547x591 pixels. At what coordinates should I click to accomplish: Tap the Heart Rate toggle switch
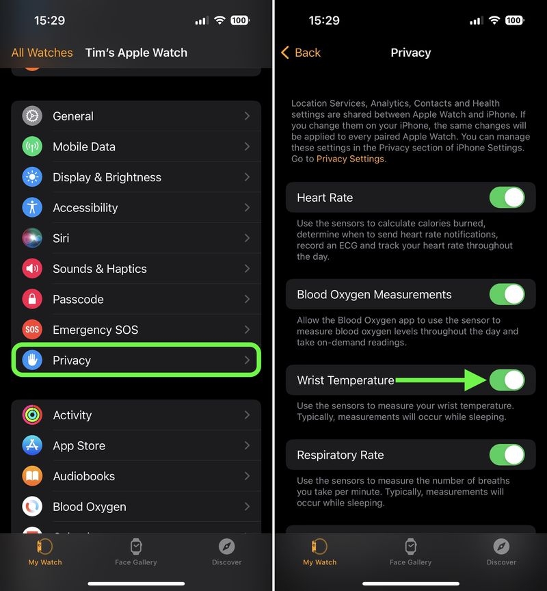(507, 198)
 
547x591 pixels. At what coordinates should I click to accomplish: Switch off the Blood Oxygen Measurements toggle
(507, 295)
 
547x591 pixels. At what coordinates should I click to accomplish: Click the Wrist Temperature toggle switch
(507, 380)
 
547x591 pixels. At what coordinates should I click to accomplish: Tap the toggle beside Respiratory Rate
(507, 455)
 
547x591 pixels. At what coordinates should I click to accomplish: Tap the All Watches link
(42, 53)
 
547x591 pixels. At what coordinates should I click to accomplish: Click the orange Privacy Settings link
(351, 159)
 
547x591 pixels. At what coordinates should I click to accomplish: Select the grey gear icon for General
(32, 116)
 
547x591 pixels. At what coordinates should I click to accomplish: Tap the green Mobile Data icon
(32, 146)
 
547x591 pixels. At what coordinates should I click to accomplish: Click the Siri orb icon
(32, 238)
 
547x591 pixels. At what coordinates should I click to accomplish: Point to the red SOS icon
(32, 330)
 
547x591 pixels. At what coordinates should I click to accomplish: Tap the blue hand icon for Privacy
(32, 360)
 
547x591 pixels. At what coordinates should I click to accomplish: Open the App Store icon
(32, 446)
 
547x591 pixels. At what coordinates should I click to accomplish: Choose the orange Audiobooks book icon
(32, 476)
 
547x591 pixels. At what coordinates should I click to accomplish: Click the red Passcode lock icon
(32, 299)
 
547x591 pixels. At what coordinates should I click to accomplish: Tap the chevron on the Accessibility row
(247, 207)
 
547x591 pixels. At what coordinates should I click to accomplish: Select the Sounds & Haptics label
(100, 269)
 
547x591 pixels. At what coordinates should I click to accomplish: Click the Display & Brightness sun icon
(32, 177)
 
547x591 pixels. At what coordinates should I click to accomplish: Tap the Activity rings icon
(32, 415)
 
